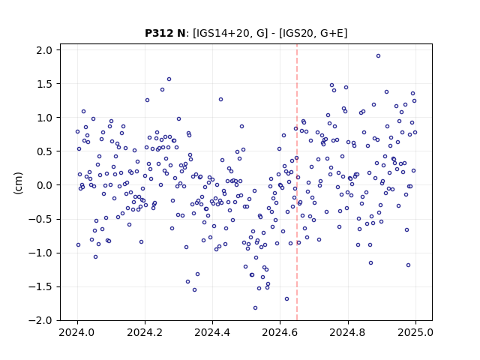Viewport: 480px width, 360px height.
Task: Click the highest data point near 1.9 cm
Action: pos(378,56)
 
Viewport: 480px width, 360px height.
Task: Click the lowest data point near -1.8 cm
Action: pos(255,308)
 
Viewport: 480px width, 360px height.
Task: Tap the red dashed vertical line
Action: pos(297,182)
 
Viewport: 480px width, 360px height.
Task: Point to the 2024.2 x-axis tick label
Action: pos(145,332)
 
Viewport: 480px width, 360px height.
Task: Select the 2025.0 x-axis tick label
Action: pos(415,332)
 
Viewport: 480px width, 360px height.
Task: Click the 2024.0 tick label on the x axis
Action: pos(77,332)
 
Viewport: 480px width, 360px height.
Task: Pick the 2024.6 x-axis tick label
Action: pos(280,332)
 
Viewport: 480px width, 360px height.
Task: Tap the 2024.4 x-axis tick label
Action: pos(212,332)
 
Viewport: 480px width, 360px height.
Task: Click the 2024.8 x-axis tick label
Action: pos(347,332)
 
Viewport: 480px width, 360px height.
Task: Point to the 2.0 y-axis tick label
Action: pos(44,50)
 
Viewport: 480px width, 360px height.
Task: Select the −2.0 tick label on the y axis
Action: pos(40,320)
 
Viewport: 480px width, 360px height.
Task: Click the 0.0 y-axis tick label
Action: pos(44,185)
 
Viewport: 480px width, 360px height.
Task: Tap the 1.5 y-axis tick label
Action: pos(44,84)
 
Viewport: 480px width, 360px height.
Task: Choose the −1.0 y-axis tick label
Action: pos(40,253)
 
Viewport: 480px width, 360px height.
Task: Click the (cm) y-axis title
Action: pos(18,183)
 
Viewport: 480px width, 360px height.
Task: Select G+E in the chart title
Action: pos(331,33)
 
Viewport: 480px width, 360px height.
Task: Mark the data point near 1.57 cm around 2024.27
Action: pos(169,79)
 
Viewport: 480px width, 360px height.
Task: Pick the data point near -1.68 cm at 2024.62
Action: pos(286,298)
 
